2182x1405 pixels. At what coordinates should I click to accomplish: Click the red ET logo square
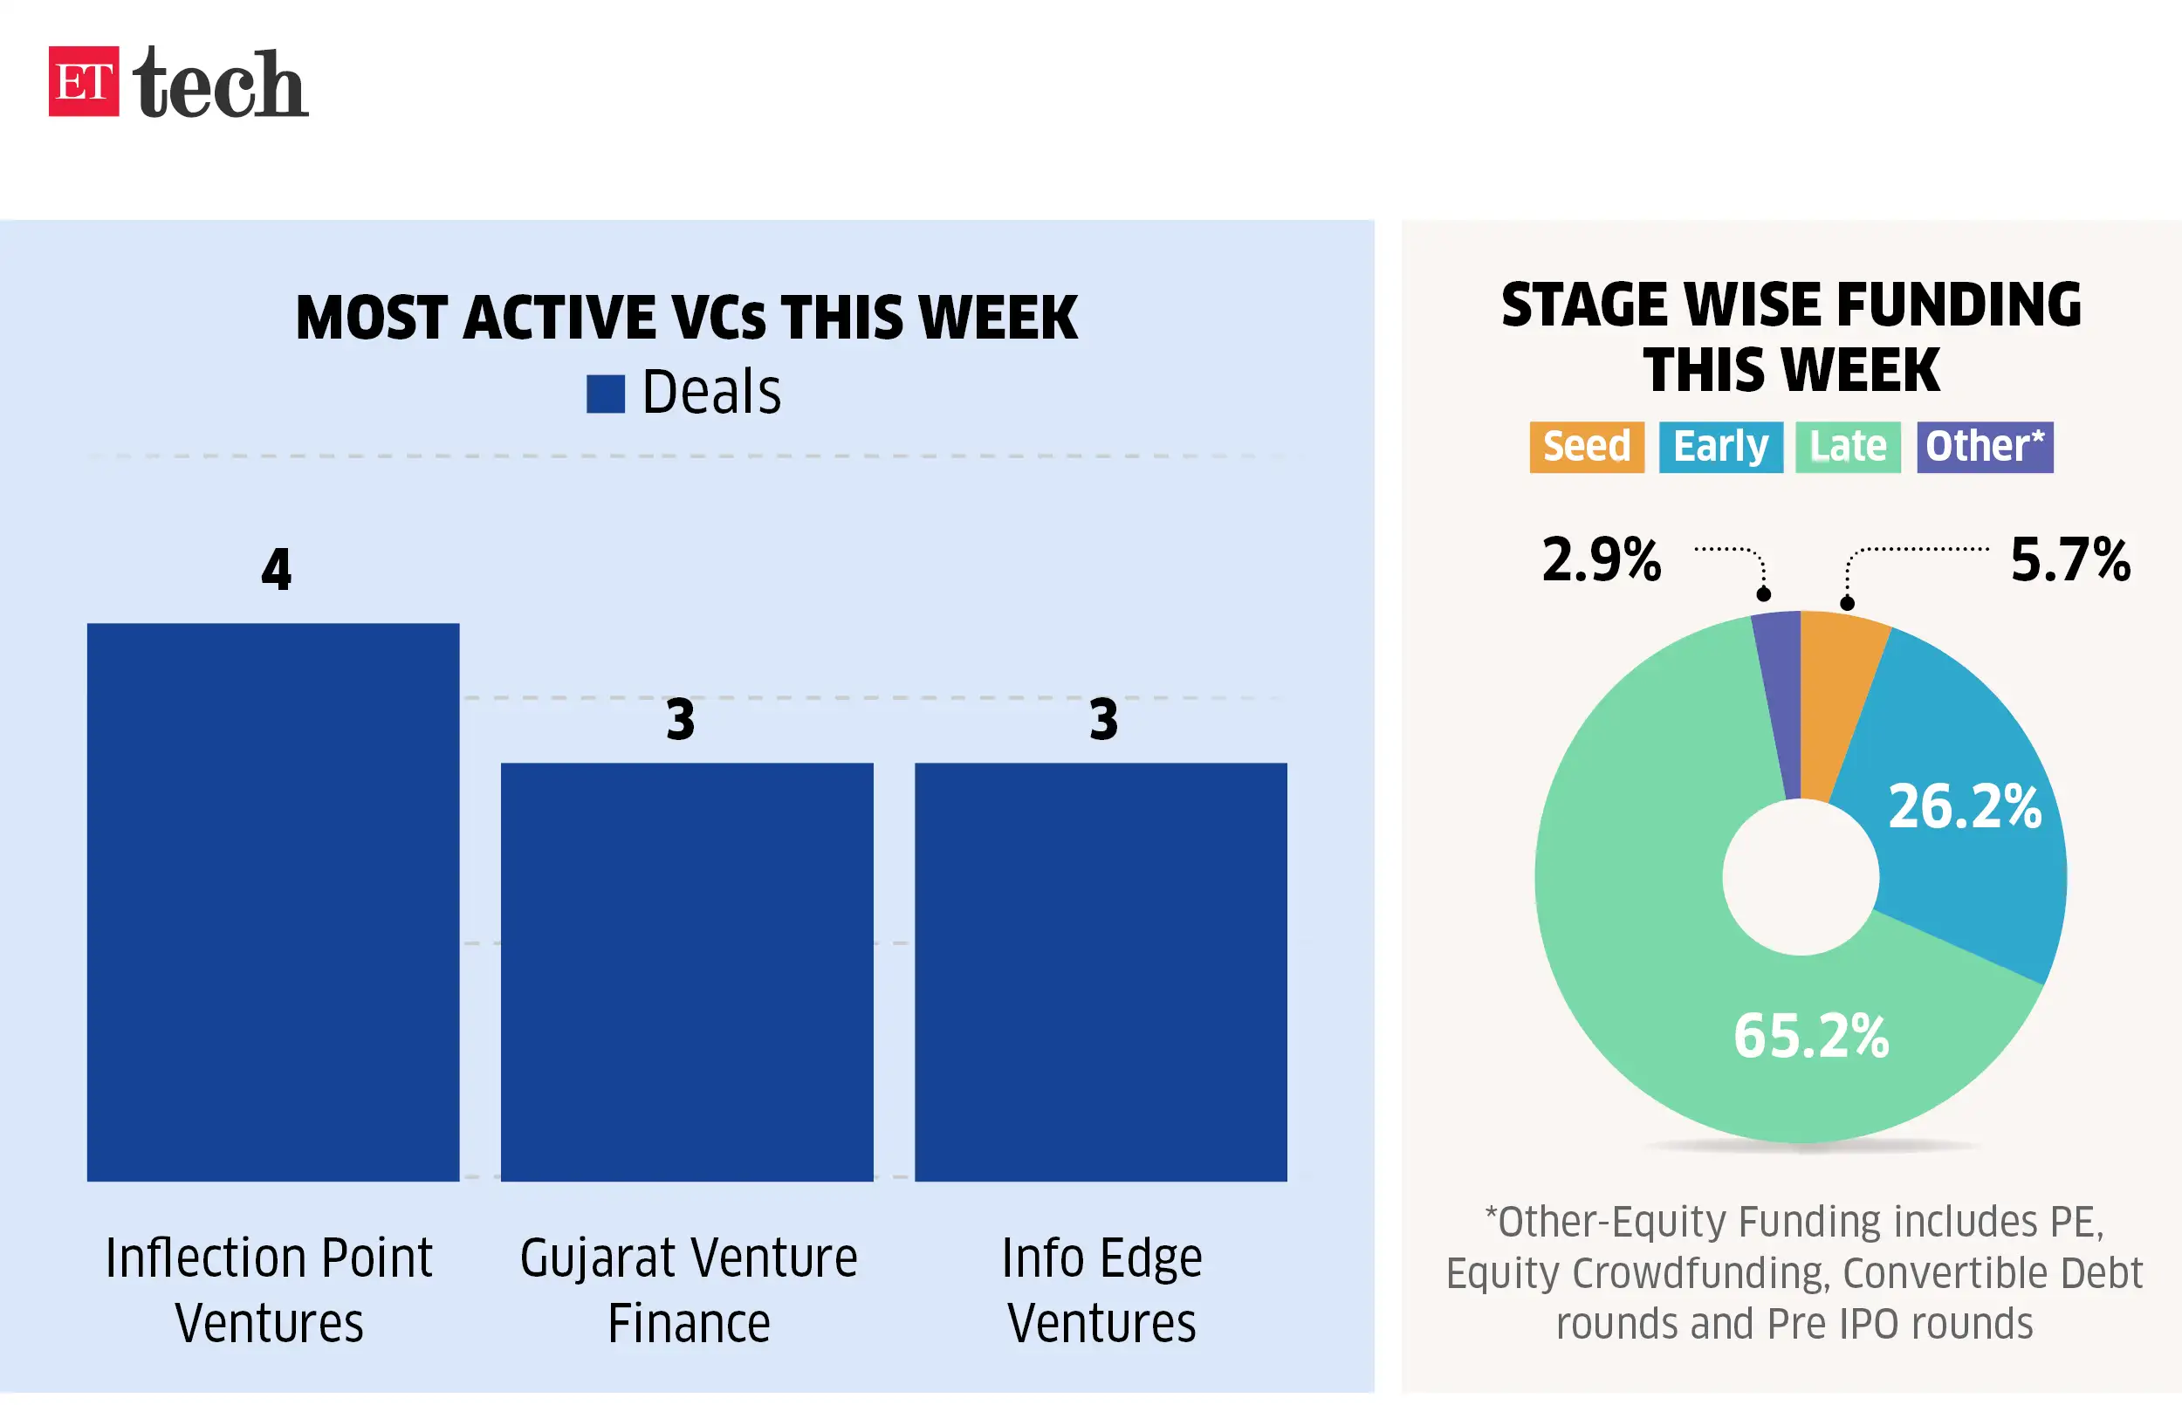(x=83, y=81)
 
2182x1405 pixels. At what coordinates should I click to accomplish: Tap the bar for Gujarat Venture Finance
(x=686, y=970)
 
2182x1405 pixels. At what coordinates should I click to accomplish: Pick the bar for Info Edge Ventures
(x=1100, y=970)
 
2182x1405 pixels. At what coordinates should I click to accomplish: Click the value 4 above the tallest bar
(x=276, y=569)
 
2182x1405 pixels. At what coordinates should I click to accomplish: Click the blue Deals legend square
(x=605, y=394)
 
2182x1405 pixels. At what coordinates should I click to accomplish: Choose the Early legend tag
(x=1719, y=447)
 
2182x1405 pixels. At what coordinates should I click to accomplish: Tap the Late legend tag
(x=1847, y=447)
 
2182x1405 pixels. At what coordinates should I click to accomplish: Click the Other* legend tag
(x=1984, y=447)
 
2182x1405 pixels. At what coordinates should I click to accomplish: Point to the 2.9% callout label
(x=1601, y=559)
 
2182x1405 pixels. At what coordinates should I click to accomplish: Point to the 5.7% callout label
(x=2069, y=559)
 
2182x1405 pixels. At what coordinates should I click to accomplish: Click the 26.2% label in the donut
(x=1963, y=806)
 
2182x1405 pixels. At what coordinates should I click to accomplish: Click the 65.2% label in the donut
(x=1810, y=1037)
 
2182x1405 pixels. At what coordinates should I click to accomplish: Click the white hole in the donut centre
(x=1800, y=877)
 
